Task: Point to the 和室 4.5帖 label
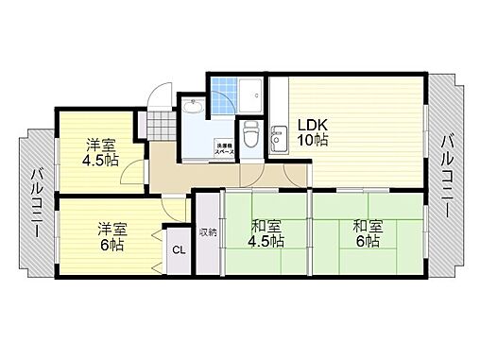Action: pos(266,233)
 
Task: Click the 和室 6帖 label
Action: pos(367,233)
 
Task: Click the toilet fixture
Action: pos(249,135)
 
